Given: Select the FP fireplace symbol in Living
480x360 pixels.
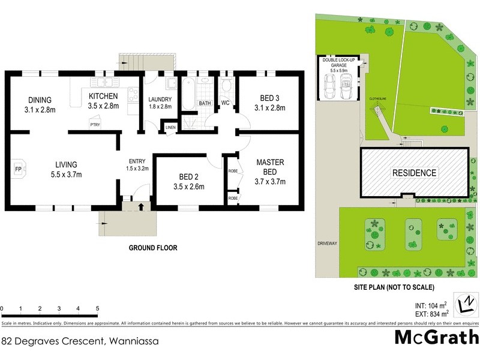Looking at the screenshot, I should tap(17, 169).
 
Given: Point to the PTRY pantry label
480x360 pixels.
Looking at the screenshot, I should tap(95, 125).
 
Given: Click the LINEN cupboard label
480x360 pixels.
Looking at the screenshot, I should tap(170, 127).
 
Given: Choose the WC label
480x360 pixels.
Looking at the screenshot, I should tap(226, 103).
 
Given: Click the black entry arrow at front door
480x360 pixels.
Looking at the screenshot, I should tap(141, 208).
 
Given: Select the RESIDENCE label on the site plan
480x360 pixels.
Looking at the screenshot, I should tap(415, 173).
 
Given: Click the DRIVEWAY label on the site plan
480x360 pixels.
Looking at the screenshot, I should tap(328, 244).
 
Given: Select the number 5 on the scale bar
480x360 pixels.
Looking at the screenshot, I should tap(97, 308).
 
